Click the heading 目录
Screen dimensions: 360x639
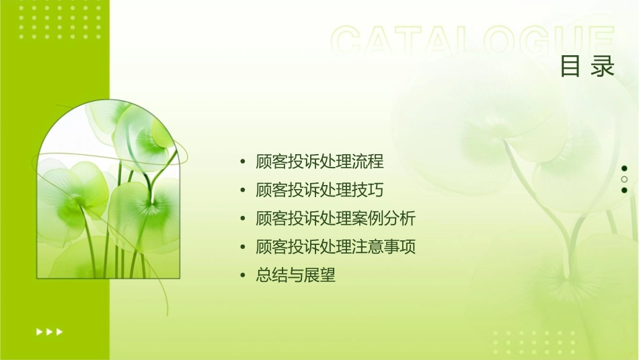(x=587, y=67)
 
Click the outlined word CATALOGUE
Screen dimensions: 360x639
(x=473, y=42)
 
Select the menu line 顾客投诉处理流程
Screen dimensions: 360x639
(x=319, y=162)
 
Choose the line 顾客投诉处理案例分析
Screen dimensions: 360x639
(x=336, y=219)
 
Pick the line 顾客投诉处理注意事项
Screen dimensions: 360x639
(x=336, y=247)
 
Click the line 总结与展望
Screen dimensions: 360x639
(x=295, y=275)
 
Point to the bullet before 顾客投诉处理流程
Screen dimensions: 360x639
(x=243, y=162)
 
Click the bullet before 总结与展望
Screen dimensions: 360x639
(x=243, y=275)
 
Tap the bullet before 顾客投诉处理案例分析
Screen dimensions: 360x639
(x=243, y=219)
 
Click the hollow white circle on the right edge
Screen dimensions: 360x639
(x=624, y=180)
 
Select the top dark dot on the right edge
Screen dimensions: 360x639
(x=624, y=168)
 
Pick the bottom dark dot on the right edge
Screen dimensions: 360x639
(x=624, y=190)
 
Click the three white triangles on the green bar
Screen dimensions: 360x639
(x=50, y=331)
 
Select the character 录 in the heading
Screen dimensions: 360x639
(x=603, y=67)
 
